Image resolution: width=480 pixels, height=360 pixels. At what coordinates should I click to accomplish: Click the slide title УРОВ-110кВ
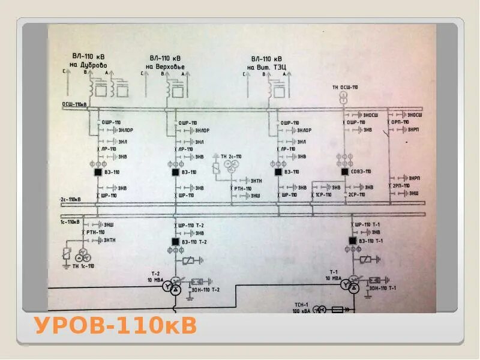click(x=115, y=326)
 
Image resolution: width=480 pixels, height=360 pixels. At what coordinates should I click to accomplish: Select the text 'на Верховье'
click(x=167, y=66)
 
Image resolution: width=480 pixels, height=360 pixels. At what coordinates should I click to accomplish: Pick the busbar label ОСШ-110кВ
click(x=74, y=104)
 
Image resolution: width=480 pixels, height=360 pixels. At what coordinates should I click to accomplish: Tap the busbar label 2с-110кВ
click(x=70, y=199)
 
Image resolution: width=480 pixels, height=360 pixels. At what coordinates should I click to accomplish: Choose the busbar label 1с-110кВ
click(x=70, y=221)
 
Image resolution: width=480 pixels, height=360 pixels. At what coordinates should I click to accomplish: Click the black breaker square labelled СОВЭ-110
click(x=345, y=172)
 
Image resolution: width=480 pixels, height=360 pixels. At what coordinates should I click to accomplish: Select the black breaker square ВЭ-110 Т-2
click(x=176, y=241)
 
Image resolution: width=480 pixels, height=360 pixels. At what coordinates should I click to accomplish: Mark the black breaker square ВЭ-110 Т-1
click(x=352, y=241)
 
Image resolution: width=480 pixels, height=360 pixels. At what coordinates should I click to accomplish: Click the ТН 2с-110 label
click(x=231, y=157)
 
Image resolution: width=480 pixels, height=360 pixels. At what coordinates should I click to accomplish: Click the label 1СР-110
click(x=325, y=195)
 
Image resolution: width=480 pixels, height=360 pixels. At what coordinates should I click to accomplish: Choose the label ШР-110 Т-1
click(x=368, y=224)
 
